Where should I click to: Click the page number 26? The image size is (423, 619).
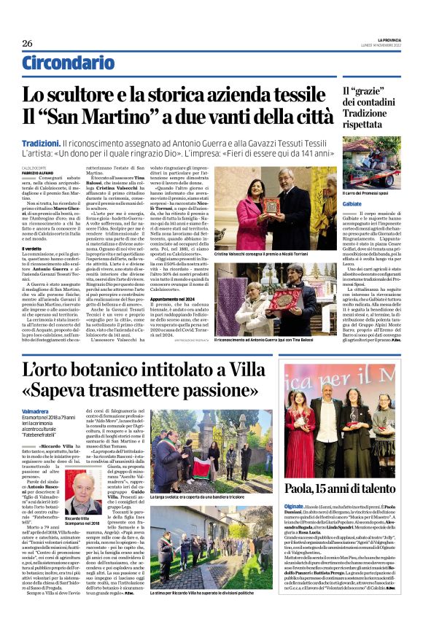click(27, 44)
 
